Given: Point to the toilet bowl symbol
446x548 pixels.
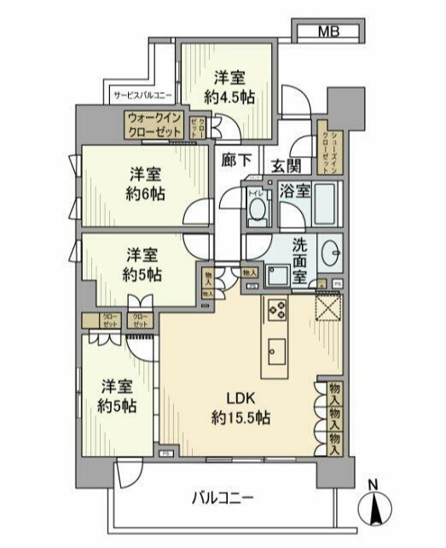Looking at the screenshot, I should (255, 213).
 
